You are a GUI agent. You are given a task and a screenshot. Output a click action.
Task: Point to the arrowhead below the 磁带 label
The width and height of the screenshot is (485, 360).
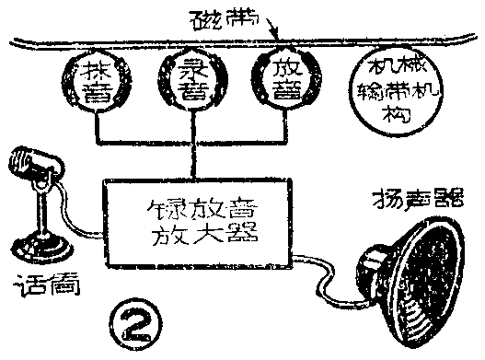click(x=275, y=35)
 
